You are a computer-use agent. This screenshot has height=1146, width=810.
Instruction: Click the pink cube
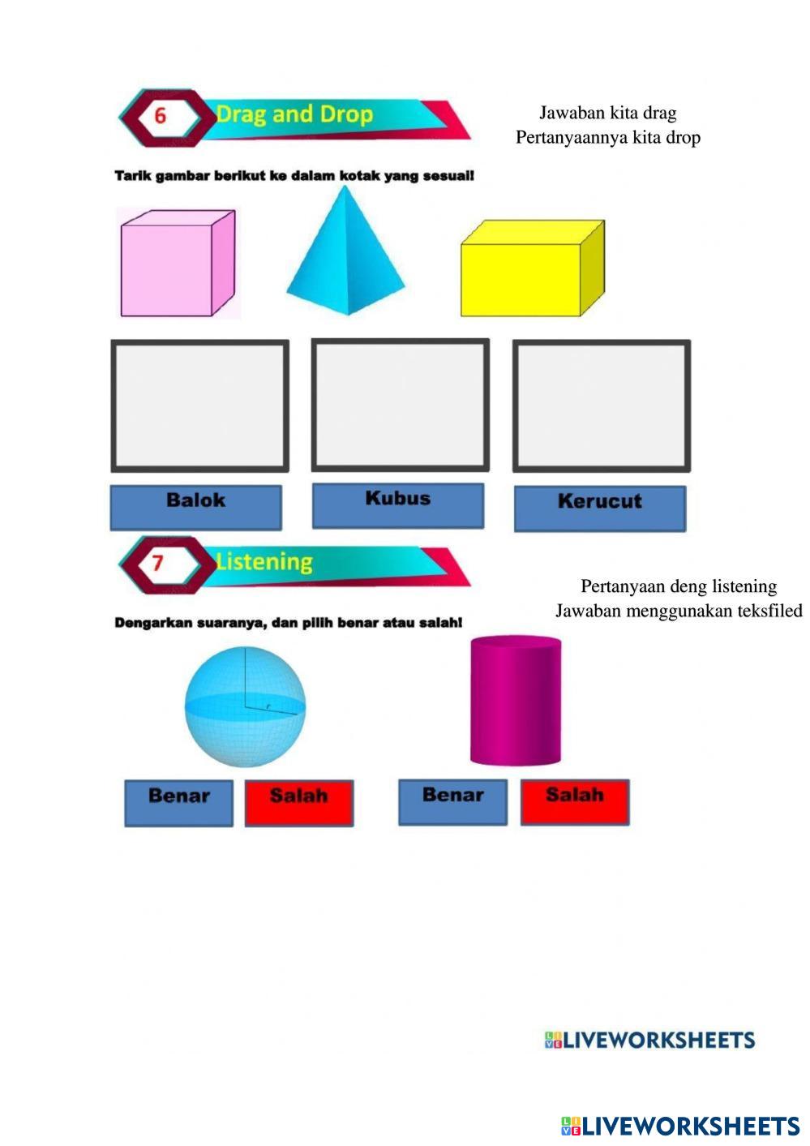[x=177, y=264]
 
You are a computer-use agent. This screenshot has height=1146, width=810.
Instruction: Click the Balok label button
[x=196, y=506]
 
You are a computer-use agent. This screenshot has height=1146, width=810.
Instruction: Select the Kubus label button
[x=398, y=504]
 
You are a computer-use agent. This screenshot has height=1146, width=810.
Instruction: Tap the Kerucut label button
[x=600, y=508]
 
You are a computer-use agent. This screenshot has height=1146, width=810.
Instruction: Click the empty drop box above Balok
[x=199, y=406]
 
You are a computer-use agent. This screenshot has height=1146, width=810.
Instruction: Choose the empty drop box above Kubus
[x=401, y=405]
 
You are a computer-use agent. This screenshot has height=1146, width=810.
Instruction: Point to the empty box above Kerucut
[x=602, y=406]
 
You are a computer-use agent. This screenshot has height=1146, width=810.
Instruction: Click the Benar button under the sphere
[x=178, y=802]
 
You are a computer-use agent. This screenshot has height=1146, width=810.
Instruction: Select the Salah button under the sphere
[x=299, y=802]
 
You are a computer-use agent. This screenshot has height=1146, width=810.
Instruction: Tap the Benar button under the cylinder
[x=452, y=801]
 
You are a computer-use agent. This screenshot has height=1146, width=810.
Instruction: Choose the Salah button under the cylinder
[x=575, y=801]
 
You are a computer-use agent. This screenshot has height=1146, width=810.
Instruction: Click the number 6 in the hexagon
[x=160, y=116]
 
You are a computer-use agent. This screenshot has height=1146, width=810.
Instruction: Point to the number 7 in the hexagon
[x=158, y=563]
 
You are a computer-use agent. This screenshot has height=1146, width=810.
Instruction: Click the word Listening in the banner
[x=264, y=562]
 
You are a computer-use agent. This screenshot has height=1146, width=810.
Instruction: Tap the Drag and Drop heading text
[x=294, y=114]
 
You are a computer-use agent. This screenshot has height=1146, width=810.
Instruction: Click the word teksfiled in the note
[x=767, y=611]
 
